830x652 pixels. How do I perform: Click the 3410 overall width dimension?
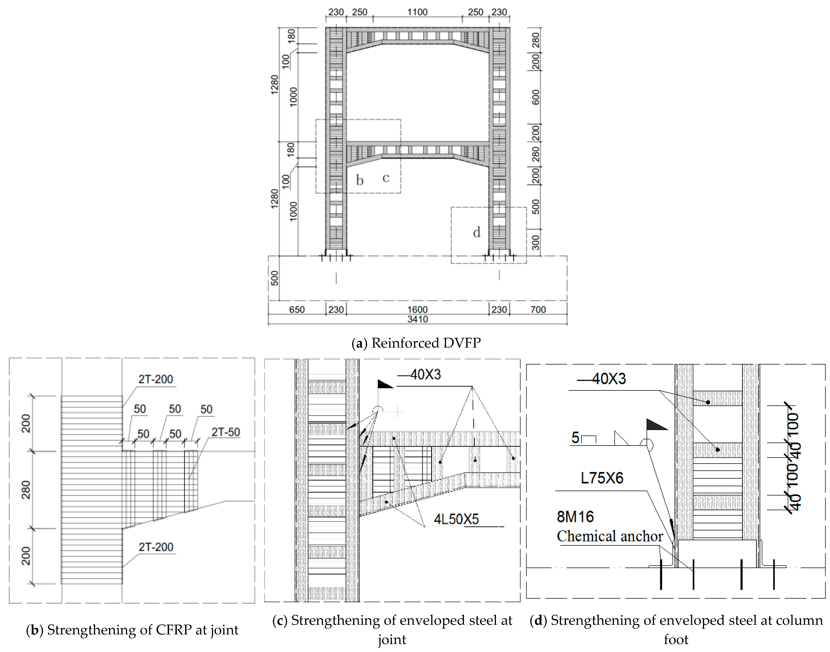click(x=417, y=319)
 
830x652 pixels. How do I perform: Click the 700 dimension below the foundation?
click(x=538, y=310)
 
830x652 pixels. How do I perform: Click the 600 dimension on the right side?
click(x=536, y=97)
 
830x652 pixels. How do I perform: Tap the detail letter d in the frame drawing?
click(x=477, y=232)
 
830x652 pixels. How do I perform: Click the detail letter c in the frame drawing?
click(x=386, y=178)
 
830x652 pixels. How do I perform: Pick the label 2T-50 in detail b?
click(x=226, y=432)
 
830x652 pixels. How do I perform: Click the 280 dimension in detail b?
click(x=26, y=490)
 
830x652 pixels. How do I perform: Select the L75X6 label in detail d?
click(x=602, y=478)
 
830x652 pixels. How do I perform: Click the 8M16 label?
click(x=575, y=517)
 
